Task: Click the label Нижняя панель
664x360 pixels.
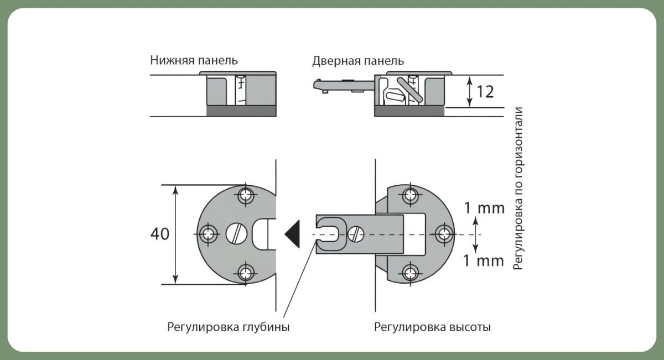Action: click(194, 60)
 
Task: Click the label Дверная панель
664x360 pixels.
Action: click(358, 60)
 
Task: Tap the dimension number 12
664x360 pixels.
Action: click(485, 92)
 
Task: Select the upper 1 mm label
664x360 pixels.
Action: click(484, 208)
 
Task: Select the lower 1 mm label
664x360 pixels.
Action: click(484, 260)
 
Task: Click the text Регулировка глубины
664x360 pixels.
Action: click(229, 327)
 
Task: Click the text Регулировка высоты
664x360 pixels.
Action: click(432, 327)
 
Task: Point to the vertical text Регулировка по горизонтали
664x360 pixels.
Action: click(518, 188)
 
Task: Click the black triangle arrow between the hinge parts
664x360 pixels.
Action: click(292, 234)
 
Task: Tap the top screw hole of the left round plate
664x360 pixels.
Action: click(245, 195)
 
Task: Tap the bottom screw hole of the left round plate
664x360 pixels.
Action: click(245, 272)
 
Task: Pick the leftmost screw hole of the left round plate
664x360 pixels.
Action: click(209, 234)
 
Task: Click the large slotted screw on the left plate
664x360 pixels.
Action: click(237, 234)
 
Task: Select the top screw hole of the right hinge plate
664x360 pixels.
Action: click(410, 195)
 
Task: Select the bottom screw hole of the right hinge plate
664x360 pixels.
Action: click(410, 272)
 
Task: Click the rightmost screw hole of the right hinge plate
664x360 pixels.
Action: click(443, 234)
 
